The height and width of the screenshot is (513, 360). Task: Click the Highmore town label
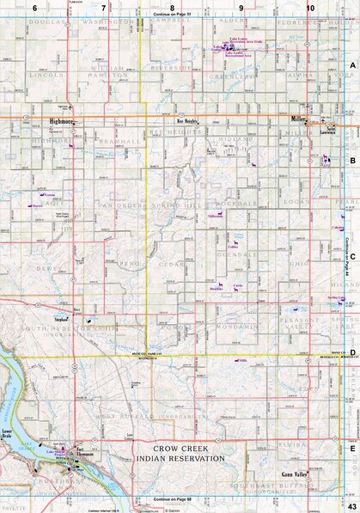point(62,122)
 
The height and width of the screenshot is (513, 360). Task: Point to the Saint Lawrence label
point(331,128)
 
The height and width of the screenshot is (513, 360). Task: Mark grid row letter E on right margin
point(352,447)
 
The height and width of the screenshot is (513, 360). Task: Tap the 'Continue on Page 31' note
point(173,15)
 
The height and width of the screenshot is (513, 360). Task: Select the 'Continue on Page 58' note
point(173,498)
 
